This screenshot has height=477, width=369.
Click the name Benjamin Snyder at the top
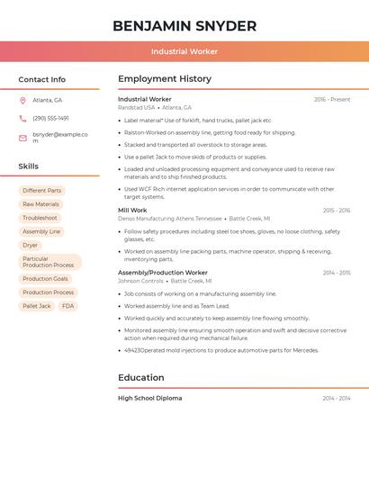[184, 25]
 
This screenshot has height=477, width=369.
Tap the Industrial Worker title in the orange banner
[184, 51]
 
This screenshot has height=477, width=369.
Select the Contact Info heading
[42, 79]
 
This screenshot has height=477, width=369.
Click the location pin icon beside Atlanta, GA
[22, 100]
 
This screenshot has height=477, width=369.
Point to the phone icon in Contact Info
[22, 118]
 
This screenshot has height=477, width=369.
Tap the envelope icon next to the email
[22, 138]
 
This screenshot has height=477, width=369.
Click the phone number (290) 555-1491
[50, 118]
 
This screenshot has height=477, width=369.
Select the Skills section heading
[29, 166]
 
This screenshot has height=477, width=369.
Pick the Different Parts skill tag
[42, 191]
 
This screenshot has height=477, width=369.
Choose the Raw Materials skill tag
[40, 204]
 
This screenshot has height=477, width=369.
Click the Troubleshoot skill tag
[40, 218]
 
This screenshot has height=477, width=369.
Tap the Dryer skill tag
[31, 245]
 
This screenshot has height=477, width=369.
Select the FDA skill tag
[68, 306]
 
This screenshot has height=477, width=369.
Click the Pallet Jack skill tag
[37, 306]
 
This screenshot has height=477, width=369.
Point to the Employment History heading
[165, 79]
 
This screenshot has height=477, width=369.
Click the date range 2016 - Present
[332, 100]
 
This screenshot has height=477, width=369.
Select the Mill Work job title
[132, 211]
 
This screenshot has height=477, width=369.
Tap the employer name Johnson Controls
[140, 281]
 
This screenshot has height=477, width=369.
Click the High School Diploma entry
[149, 398]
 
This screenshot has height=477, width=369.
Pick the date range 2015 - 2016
[337, 211]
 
